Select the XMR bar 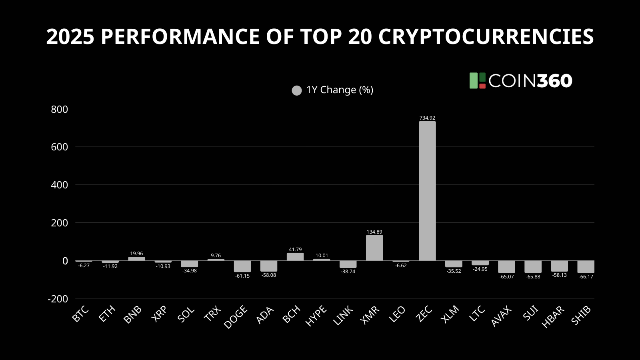(x=374, y=248)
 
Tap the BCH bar (x=295, y=257)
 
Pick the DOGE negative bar (x=242, y=266)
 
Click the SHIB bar (x=586, y=267)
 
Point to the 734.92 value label (x=427, y=118)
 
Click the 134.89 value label (x=374, y=232)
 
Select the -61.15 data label (x=242, y=276)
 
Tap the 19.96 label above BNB (x=136, y=254)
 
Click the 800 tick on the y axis (x=60, y=109)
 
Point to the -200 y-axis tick (x=58, y=299)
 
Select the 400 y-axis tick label (x=60, y=185)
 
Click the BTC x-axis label (x=80, y=314)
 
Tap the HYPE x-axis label (x=316, y=316)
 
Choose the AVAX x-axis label (x=501, y=316)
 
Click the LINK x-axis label (x=343, y=316)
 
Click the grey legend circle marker (x=297, y=90)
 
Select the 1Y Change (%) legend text (x=340, y=90)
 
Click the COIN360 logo (x=521, y=81)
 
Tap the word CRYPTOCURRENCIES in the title (x=486, y=37)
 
